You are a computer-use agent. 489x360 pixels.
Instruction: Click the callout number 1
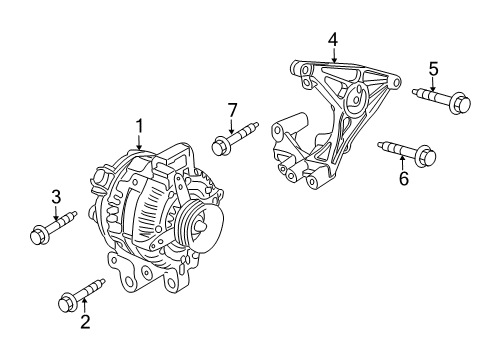click(x=140, y=126)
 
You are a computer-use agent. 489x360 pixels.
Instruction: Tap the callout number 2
click(x=86, y=321)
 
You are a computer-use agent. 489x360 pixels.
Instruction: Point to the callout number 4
click(x=333, y=39)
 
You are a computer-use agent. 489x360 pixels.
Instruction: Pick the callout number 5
click(x=433, y=68)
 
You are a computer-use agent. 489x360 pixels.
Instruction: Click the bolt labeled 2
click(x=81, y=294)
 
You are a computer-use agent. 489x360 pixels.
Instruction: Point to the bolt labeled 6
click(x=405, y=153)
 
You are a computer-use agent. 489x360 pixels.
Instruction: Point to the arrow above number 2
click(x=86, y=306)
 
